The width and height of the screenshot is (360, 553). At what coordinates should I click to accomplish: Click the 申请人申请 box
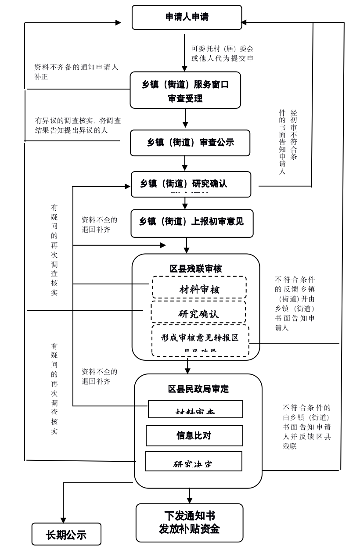point(187,18)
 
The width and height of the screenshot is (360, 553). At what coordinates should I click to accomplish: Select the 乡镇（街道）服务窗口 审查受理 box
point(185,90)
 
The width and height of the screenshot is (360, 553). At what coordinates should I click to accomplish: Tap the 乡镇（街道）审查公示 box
point(190,143)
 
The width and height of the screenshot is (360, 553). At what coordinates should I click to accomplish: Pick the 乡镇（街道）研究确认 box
point(191,184)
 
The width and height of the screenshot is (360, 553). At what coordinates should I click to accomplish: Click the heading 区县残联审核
point(196,269)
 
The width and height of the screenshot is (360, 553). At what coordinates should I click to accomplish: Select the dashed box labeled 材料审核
point(199,288)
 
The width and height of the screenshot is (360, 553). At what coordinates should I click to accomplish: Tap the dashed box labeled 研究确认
point(198,313)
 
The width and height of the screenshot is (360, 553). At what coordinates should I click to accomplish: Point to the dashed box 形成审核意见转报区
point(200,340)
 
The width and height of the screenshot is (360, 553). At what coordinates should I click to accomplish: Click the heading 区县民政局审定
point(198,389)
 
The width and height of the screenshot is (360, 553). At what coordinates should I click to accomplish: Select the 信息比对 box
point(194,435)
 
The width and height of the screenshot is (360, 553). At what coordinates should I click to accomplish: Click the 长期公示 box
point(66,535)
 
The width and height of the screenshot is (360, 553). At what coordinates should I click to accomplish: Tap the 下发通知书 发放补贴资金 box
point(189,523)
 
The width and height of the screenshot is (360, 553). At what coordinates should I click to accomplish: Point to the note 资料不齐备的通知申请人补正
point(76,72)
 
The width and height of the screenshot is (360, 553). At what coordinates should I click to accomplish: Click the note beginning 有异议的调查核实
point(78,125)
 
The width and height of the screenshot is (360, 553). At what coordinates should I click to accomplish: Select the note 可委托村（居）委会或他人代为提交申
point(222,54)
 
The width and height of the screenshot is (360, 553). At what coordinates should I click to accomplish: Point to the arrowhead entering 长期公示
point(63,520)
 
